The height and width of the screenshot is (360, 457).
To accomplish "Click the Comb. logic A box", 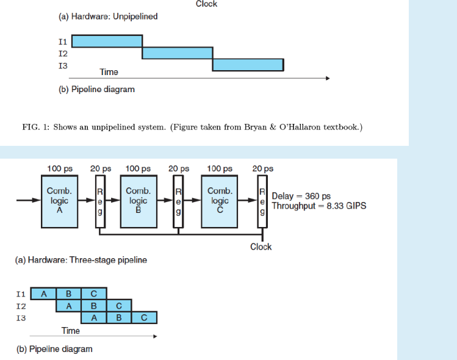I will click(x=59, y=201).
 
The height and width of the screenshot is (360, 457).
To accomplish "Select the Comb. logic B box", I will click(x=138, y=201).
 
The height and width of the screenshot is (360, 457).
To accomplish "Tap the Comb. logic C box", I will click(x=220, y=201).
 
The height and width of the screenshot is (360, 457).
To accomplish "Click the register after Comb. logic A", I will click(x=100, y=201).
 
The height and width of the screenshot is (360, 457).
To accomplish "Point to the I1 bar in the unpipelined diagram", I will click(x=107, y=41).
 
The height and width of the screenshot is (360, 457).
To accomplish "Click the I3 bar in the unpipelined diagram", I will click(x=248, y=64).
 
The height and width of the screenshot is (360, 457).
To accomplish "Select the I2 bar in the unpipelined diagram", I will click(x=177, y=52).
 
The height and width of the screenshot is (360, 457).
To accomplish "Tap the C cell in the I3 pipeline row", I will click(x=144, y=317).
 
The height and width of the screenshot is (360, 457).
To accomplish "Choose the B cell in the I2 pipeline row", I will click(x=93, y=306).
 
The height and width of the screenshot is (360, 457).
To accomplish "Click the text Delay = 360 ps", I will click(x=301, y=196).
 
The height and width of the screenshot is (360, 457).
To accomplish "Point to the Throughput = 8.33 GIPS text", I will click(x=319, y=206).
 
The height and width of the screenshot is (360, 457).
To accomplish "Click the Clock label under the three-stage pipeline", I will click(x=261, y=247).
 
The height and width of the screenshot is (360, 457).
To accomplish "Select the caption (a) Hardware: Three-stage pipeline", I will click(x=81, y=260).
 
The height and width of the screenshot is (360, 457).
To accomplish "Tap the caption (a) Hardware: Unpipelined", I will click(x=108, y=16).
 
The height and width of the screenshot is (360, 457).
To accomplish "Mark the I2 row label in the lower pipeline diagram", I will click(x=21, y=306).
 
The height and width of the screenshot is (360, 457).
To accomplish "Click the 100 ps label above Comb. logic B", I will click(x=138, y=168).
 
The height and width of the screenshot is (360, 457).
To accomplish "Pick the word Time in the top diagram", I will click(x=109, y=72).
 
